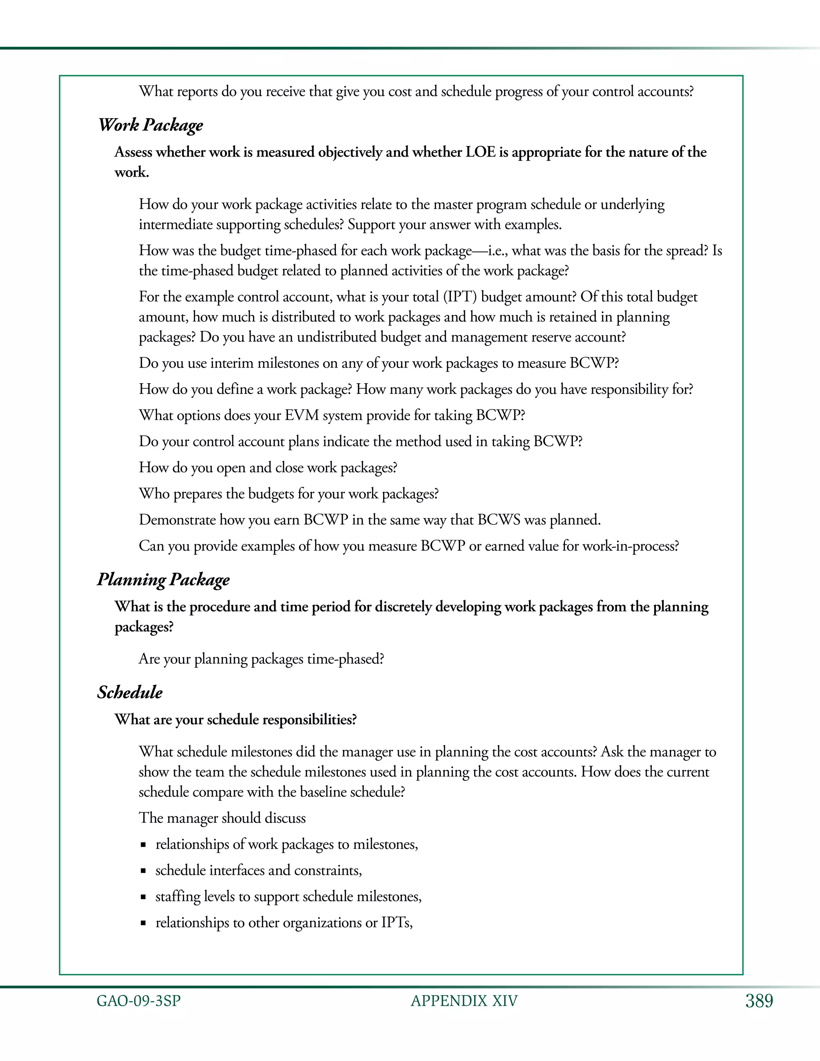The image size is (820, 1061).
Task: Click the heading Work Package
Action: point(150,125)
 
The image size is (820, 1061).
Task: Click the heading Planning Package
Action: point(163,580)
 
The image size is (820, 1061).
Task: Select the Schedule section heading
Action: point(130,692)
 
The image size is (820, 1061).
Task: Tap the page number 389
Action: point(759,1001)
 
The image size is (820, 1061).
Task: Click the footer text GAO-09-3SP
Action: point(139,1001)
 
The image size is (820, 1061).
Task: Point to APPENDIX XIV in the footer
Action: point(464,1001)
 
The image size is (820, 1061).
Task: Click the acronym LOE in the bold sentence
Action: point(480,153)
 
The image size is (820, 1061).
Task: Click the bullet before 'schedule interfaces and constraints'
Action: point(143,870)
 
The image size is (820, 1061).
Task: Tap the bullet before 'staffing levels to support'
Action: point(143,897)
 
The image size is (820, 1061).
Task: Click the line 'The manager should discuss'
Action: point(222,818)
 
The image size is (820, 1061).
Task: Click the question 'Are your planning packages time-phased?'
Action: point(261,659)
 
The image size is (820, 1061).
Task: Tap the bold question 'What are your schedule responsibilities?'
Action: point(235,719)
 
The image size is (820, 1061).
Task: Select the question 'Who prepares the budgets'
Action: point(289,494)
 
